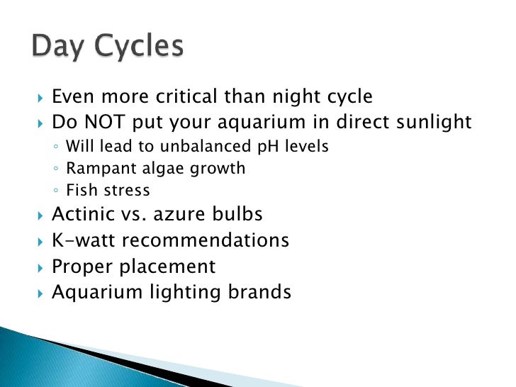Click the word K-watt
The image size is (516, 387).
click(79, 240)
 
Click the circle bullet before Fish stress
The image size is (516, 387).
click(56, 191)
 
